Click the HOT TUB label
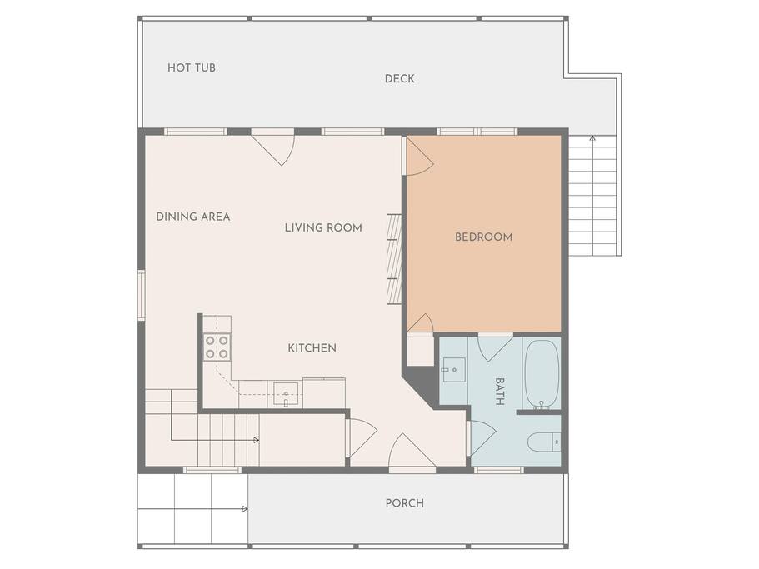coord(191,67)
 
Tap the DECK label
coord(399,79)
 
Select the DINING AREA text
coord(192,217)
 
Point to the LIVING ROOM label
coord(323,228)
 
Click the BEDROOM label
coord(483,237)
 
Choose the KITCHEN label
coord(312,348)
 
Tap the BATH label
coord(500,391)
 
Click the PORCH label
coord(405,503)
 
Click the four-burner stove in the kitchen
coord(217,347)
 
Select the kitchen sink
coord(286,394)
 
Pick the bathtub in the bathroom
coord(542,373)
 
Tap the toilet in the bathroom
coord(544,442)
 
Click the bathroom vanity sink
coord(453,370)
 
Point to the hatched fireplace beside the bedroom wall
coord(395,259)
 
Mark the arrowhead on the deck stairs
coord(592,138)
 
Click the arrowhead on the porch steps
coord(246,508)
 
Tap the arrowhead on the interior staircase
coord(257,440)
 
